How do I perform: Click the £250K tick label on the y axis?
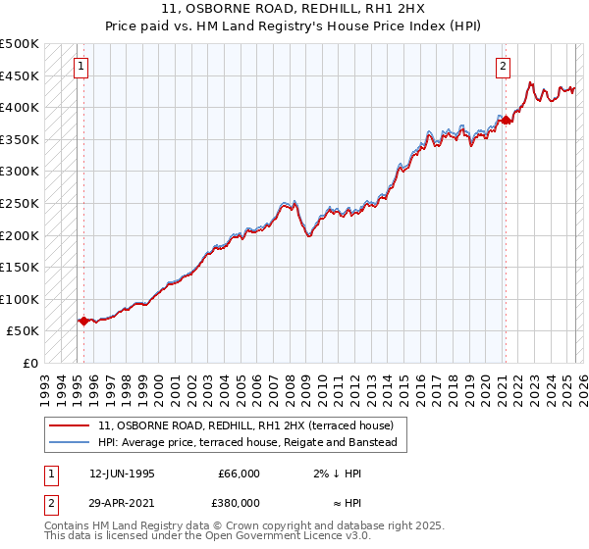[20, 203]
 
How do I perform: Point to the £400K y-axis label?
[20, 107]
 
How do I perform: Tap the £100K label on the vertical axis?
[20, 299]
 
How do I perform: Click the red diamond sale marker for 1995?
[83, 321]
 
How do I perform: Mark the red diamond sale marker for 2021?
[506, 120]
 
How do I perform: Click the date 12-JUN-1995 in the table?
[122, 474]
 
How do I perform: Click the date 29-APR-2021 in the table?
[122, 503]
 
